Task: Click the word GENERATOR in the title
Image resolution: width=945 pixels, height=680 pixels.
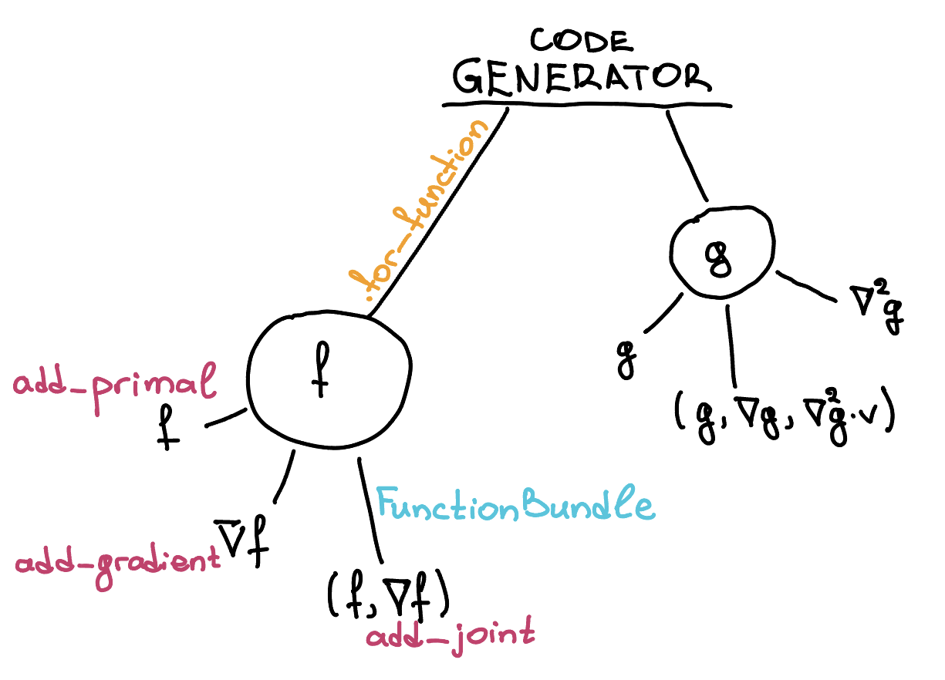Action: (x=581, y=77)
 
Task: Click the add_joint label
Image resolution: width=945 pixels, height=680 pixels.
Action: (x=450, y=638)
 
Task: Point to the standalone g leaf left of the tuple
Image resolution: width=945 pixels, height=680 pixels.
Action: (x=626, y=358)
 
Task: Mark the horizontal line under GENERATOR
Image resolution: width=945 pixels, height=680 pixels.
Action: (x=586, y=103)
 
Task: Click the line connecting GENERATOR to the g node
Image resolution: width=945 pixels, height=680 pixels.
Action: (x=687, y=154)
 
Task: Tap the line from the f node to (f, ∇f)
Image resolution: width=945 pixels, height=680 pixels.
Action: (x=371, y=509)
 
